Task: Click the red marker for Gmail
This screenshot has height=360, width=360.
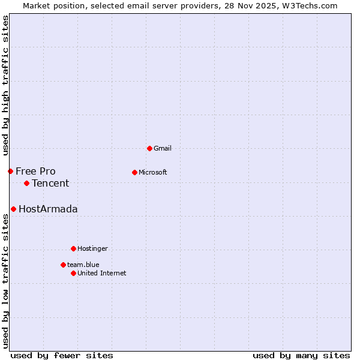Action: (x=149, y=148)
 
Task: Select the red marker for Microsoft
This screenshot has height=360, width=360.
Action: (x=134, y=172)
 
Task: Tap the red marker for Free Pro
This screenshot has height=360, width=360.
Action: (x=10, y=171)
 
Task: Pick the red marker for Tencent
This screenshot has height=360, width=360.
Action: (x=26, y=183)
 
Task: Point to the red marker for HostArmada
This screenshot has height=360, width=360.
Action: (x=13, y=209)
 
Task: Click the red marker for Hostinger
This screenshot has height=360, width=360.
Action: (x=73, y=248)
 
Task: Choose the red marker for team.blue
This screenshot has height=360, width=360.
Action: (x=63, y=265)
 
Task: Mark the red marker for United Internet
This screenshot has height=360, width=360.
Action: (x=73, y=273)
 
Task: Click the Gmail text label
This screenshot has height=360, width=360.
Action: (x=163, y=148)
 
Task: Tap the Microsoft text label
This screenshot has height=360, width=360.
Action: (x=153, y=172)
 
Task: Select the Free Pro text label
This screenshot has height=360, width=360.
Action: (x=35, y=171)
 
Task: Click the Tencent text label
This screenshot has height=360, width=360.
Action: (x=50, y=183)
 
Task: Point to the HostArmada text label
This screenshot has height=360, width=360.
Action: (x=48, y=209)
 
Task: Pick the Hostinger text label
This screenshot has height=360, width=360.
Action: (x=92, y=248)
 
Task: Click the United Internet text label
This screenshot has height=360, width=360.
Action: (x=102, y=273)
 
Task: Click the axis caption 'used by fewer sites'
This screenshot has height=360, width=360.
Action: (x=62, y=355)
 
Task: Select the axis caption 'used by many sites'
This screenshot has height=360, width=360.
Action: (x=301, y=355)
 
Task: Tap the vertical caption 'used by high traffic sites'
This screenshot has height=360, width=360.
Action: (x=5, y=85)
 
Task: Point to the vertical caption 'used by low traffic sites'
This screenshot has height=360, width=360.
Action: (x=5, y=281)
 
